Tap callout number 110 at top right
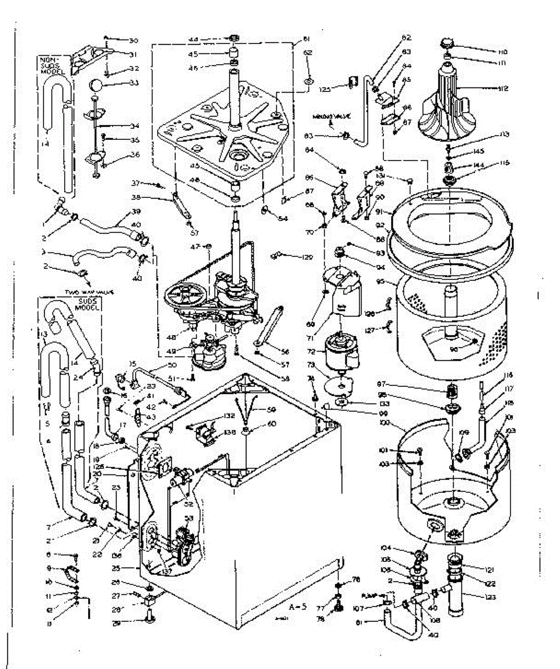coord(489,51)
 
